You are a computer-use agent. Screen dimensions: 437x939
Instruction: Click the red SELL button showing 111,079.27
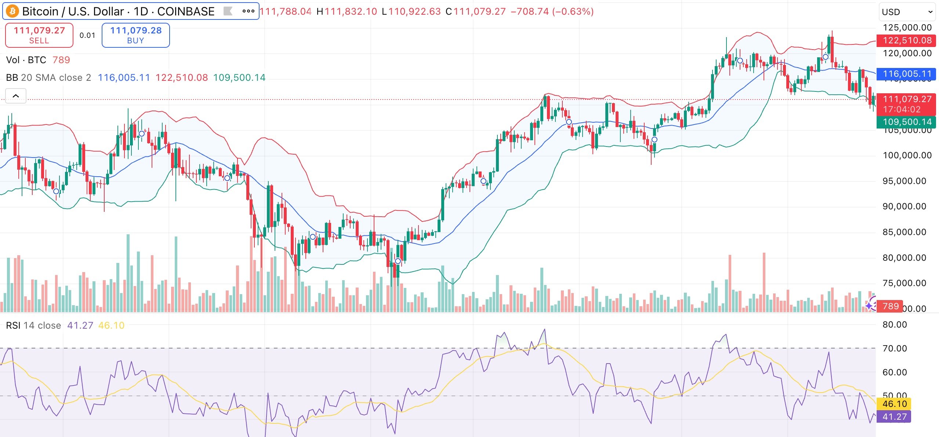coord(39,35)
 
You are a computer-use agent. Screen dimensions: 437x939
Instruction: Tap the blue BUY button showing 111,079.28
coord(135,35)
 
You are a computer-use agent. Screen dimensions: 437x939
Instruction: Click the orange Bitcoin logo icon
coord(12,11)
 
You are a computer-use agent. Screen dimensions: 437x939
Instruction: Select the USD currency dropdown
coord(907,12)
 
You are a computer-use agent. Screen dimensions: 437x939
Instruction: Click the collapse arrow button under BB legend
coord(16,96)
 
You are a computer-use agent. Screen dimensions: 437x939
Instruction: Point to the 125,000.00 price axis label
coord(907,28)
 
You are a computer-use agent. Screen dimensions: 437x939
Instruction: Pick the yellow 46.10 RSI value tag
coord(894,404)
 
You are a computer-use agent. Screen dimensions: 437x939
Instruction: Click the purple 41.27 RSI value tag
coord(894,417)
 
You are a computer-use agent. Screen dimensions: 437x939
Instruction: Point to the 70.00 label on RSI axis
coord(895,348)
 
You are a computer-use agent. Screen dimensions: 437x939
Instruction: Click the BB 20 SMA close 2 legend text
coord(48,77)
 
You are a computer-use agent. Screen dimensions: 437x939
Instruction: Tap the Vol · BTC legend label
coord(26,60)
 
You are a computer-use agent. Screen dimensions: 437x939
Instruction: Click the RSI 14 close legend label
coord(33,325)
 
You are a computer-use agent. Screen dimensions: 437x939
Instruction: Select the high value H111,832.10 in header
coord(347,11)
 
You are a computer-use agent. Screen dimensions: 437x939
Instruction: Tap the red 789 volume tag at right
coord(890,306)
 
